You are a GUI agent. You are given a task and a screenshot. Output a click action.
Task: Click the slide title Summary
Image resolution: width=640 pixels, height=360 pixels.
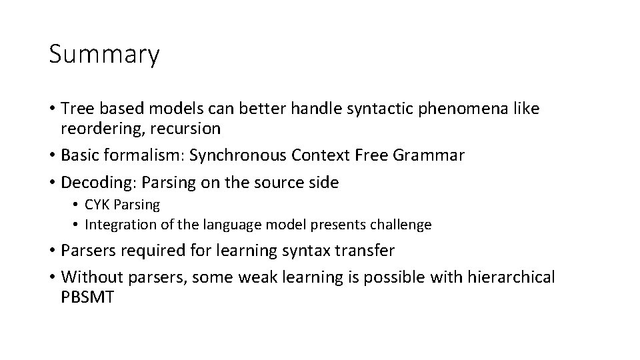(104, 55)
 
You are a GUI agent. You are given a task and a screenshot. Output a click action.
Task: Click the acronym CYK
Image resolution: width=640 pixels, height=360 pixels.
(97, 205)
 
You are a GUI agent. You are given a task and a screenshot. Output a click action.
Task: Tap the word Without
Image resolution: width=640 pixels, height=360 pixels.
(90, 277)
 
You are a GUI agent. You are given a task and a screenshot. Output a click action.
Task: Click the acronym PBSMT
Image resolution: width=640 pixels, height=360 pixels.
(87, 297)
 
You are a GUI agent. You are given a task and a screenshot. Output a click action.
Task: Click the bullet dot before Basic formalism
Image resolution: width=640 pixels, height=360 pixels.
(52, 155)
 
